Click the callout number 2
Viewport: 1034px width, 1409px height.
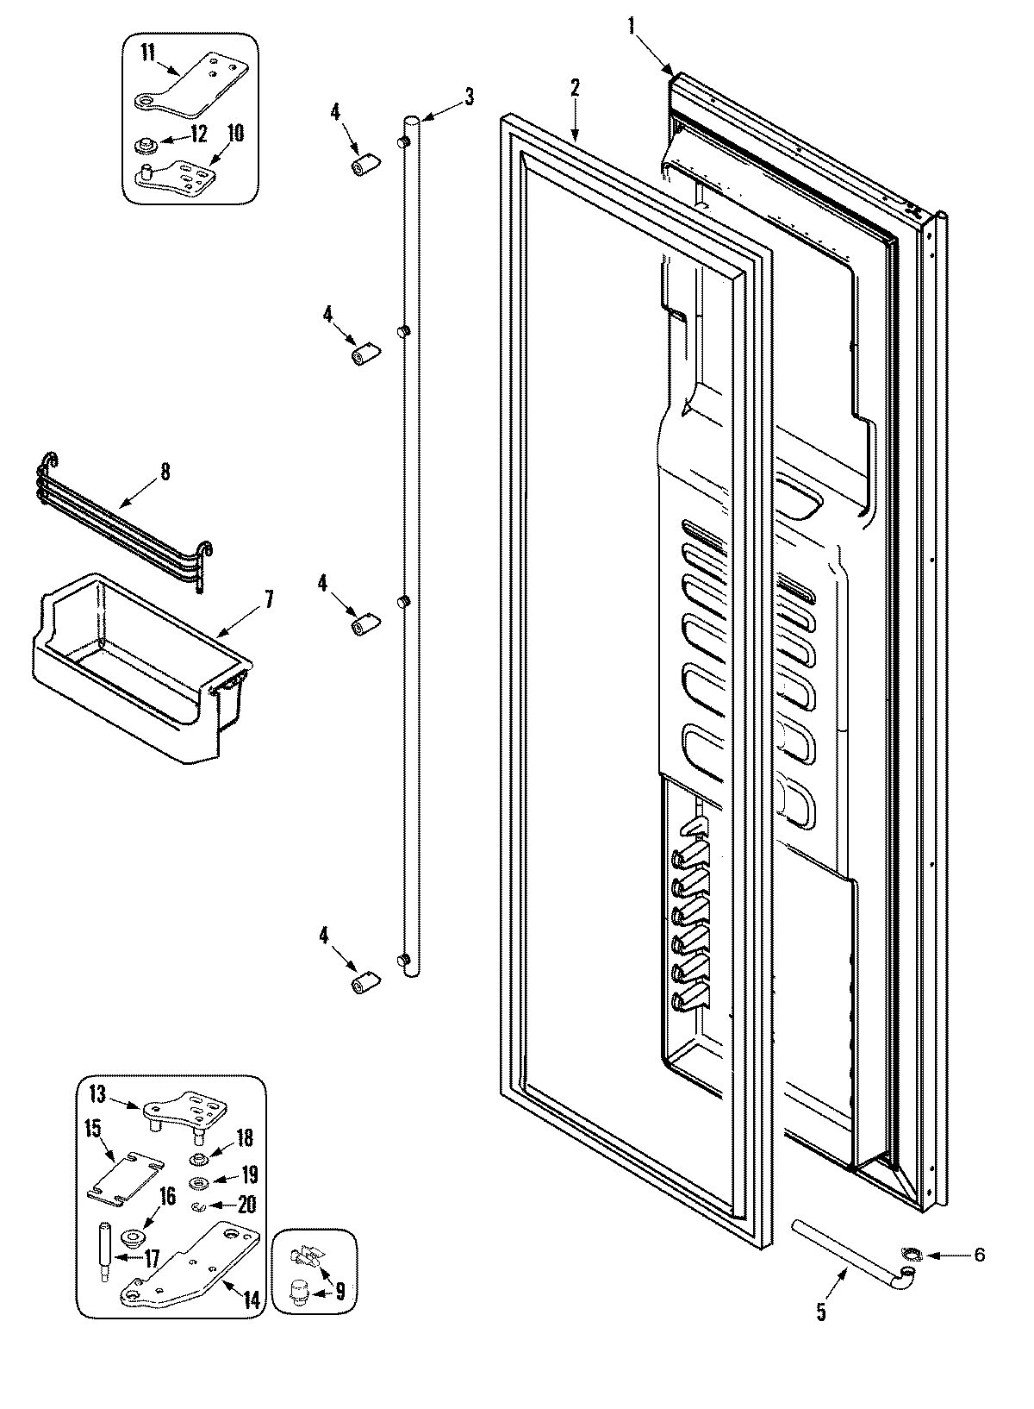(575, 88)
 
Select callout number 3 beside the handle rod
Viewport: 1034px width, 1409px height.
(469, 97)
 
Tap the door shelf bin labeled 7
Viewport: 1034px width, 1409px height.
(129, 664)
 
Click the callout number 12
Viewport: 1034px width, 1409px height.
(199, 135)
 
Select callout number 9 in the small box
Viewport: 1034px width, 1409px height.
(339, 1291)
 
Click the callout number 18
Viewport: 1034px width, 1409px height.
(245, 1139)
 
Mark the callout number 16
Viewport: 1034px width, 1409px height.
(166, 1196)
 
